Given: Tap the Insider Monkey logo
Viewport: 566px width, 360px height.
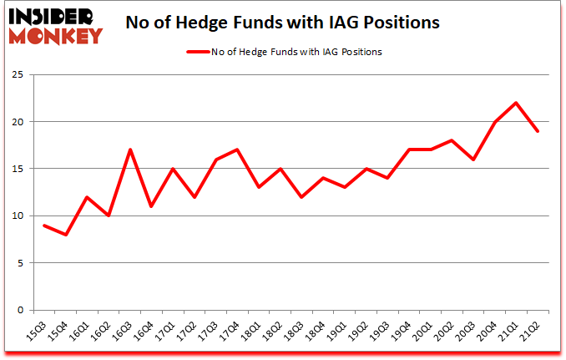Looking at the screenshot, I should (56, 23).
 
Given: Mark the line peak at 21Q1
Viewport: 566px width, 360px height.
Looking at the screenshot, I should (517, 103).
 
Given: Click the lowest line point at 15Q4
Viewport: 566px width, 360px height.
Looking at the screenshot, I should (65, 235).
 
